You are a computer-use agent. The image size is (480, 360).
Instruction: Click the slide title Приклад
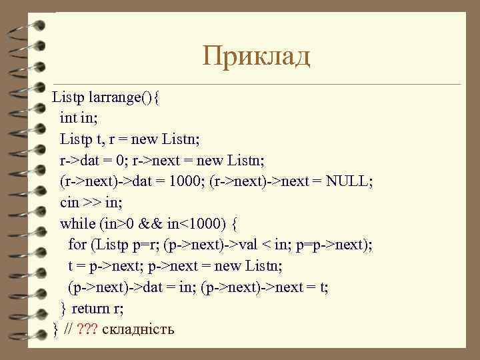click(257, 57)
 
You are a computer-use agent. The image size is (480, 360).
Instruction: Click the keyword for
click(77, 245)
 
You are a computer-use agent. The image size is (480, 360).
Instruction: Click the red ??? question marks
click(87, 329)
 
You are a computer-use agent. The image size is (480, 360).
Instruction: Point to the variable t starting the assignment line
click(71, 266)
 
